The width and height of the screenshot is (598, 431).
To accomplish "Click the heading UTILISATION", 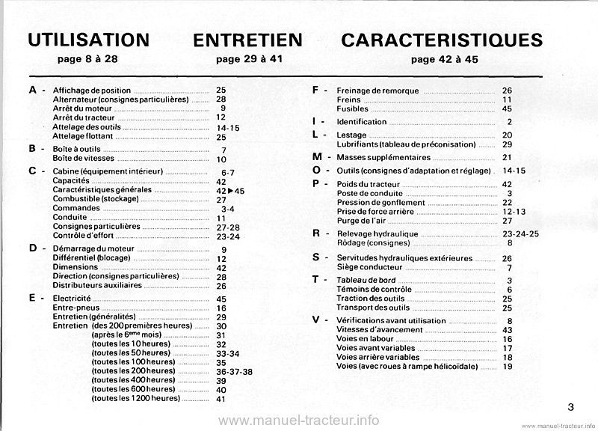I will click(87, 40).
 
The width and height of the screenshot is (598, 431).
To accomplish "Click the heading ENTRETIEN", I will click(247, 40).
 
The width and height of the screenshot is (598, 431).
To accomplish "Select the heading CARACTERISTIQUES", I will click(441, 40).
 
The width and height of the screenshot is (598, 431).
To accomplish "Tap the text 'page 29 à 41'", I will click(247, 58).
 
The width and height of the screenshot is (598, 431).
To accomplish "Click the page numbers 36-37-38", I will click(233, 371).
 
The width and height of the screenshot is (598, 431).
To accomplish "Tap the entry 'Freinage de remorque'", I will click(377, 90).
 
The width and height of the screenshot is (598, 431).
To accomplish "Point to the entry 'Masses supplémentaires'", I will click(383, 158).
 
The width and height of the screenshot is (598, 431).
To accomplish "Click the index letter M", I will click(318, 157).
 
